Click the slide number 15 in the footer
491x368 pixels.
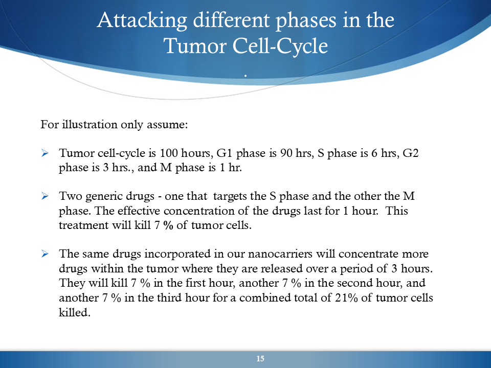(260, 359)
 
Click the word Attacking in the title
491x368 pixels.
(142, 21)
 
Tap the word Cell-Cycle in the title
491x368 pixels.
(280, 47)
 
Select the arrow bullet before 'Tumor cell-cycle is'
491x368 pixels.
(45, 153)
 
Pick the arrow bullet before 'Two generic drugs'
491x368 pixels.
(45, 196)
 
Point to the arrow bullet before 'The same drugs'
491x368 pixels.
(45, 254)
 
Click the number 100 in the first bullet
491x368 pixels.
(169, 153)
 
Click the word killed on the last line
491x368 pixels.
(75, 312)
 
